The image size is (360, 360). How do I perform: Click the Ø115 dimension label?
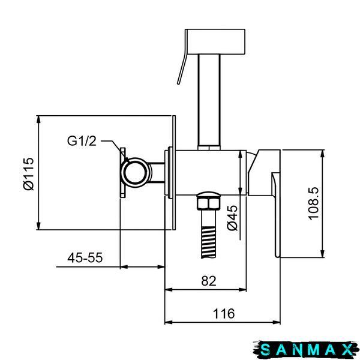coord(29,174)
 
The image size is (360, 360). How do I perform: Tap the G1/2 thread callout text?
coord(82,141)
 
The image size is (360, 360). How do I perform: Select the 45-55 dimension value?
coord(85,257)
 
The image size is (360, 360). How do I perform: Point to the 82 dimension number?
coord(209,281)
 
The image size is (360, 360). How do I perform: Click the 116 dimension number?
coord(224,314)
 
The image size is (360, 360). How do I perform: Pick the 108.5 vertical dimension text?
coord(314,203)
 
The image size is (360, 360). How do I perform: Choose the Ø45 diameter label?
coord(233,218)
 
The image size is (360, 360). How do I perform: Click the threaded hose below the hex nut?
coord(209,234)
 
